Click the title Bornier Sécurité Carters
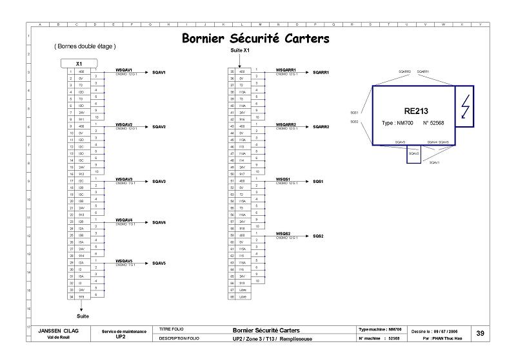coord(255,39)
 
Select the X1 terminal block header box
coord(78,64)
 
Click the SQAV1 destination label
coord(159,73)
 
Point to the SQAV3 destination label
coord(159,182)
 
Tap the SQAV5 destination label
coord(159,263)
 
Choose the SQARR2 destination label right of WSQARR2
coord(321,127)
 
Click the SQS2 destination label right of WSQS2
coord(318,236)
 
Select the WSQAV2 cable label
coord(124,124)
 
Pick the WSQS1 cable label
coord(283,178)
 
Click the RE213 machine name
coord(416,111)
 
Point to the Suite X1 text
coord(239,50)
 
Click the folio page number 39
coord(480,333)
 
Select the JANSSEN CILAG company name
coord(63,330)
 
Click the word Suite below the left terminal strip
coord(83,316)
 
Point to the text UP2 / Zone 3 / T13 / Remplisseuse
coord(272,338)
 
